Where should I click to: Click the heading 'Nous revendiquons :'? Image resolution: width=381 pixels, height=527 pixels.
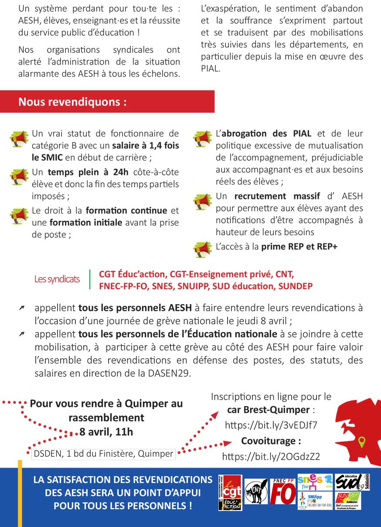[x=72, y=102]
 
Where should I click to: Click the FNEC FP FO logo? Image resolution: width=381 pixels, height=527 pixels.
[x=282, y=491]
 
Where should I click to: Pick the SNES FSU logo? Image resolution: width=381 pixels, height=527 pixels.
[x=315, y=481]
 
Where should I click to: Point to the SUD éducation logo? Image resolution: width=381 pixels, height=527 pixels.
[x=352, y=482]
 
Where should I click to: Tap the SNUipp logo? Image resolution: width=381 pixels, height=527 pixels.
[x=315, y=501]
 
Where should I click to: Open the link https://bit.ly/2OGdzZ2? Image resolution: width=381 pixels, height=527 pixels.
[x=271, y=457]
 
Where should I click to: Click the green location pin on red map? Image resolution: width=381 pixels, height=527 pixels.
[x=361, y=442]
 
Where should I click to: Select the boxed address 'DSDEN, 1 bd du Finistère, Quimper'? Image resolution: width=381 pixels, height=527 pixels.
[x=103, y=454]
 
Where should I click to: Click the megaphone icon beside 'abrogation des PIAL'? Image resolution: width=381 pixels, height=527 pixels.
[x=202, y=138]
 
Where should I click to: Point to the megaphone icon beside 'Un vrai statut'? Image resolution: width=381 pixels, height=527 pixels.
[x=19, y=138]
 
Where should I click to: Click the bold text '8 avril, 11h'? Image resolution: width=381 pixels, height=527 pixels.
[x=106, y=432]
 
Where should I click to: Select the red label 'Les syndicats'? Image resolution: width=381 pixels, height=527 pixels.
[x=57, y=279]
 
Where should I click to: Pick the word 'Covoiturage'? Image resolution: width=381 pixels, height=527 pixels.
[x=271, y=441]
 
